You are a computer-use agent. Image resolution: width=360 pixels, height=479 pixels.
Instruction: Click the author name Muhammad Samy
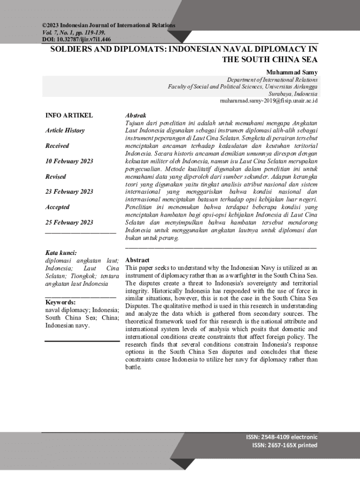(292, 73)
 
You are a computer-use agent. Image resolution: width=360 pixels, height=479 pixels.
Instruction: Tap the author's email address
(269, 100)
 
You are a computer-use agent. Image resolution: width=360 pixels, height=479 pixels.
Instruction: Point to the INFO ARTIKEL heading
(69, 115)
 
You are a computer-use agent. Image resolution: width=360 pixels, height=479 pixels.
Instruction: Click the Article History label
(65, 131)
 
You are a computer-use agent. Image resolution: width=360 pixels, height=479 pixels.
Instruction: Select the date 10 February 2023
(69, 161)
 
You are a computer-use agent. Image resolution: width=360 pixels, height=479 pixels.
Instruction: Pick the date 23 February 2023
(69, 192)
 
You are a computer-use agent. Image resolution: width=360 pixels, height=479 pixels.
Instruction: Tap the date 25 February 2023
(69, 222)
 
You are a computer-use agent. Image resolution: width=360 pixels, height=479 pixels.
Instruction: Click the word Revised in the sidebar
(55, 177)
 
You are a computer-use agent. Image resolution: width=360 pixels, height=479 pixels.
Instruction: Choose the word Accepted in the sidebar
(57, 207)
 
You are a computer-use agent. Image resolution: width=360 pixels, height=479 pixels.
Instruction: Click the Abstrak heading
(136, 115)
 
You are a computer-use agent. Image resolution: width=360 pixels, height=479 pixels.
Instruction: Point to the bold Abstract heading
(137, 260)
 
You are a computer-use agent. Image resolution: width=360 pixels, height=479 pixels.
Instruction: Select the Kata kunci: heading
(61, 253)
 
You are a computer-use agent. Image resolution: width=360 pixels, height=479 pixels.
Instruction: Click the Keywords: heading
(60, 302)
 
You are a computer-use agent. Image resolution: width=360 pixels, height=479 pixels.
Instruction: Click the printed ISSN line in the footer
(284, 445)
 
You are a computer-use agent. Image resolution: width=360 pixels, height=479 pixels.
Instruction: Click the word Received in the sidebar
(57, 146)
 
